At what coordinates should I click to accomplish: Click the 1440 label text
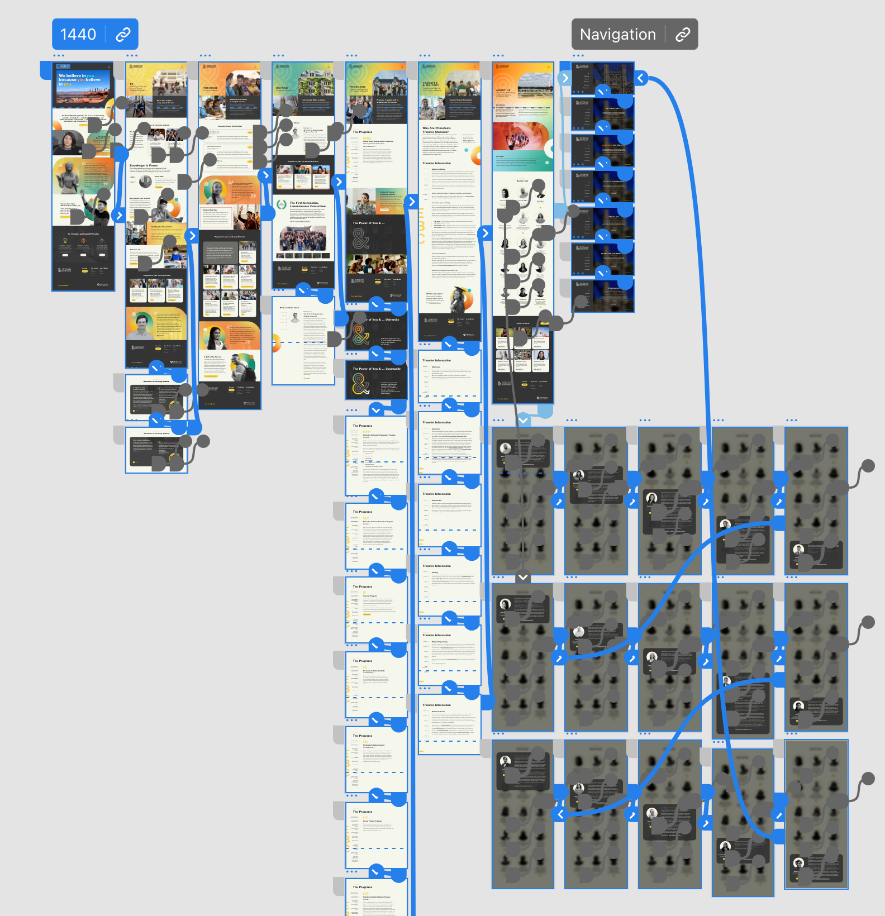click(78, 35)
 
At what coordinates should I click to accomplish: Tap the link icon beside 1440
click(123, 35)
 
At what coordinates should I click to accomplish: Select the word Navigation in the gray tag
click(617, 35)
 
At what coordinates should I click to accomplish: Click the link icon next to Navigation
click(682, 35)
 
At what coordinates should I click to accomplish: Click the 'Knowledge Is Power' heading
click(144, 165)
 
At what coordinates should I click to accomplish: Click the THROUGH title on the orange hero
click(210, 88)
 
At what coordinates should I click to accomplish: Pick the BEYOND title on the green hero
click(282, 88)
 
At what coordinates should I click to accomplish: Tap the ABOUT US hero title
click(503, 90)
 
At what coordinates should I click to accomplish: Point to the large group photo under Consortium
click(303, 238)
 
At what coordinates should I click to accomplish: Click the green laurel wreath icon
click(282, 204)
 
